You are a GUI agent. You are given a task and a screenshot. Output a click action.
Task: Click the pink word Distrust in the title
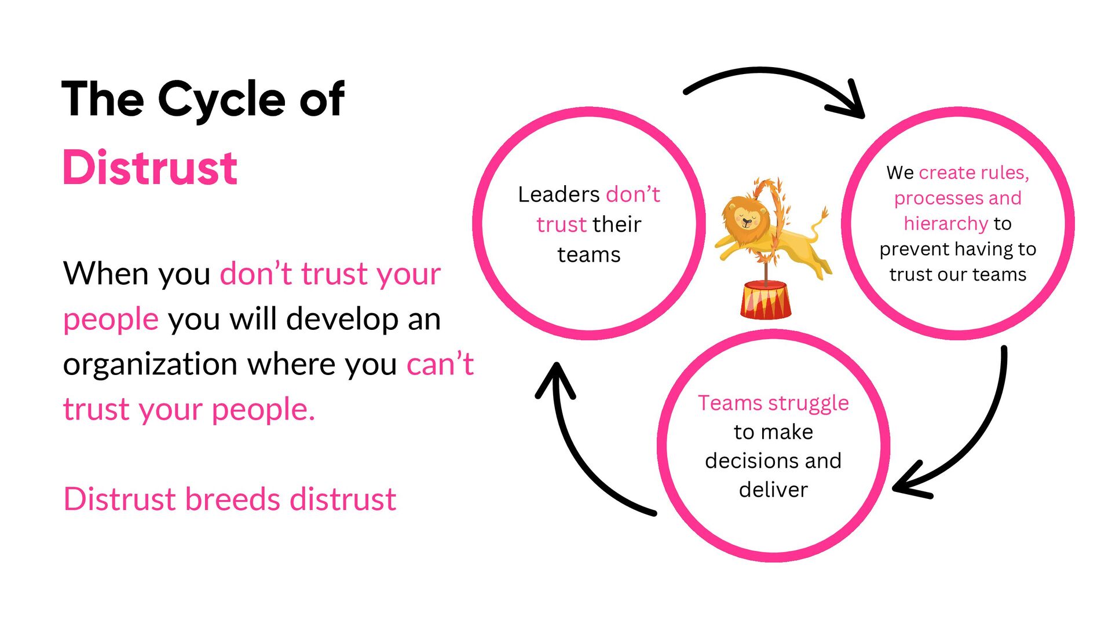coord(149,168)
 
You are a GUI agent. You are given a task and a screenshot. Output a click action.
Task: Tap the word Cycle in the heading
coord(221,100)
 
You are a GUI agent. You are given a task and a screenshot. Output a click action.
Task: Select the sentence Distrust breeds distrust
coord(229,499)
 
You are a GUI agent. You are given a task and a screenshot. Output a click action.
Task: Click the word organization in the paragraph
coord(149,365)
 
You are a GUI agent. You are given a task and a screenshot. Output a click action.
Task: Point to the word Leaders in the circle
coord(558,194)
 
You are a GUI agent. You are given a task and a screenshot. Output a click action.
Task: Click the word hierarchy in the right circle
coord(945,223)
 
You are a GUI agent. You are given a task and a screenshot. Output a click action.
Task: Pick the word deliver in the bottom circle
coord(773,490)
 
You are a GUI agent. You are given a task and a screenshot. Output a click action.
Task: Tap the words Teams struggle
coord(773,403)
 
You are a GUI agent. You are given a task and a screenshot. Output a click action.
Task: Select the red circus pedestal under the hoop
coord(765,300)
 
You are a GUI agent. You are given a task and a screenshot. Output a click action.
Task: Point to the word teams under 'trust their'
coord(588,255)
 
